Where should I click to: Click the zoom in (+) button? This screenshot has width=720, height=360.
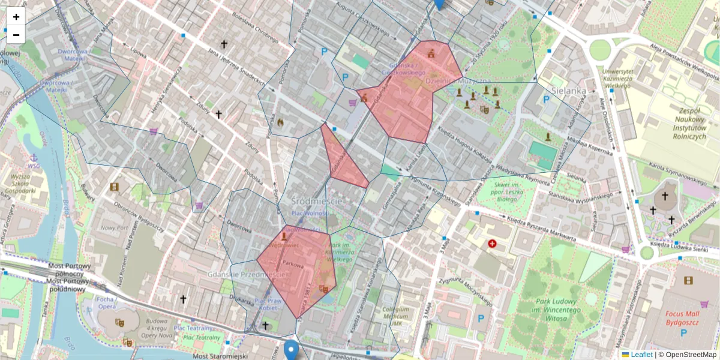point(16,17)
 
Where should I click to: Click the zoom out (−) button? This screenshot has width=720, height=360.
point(16,35)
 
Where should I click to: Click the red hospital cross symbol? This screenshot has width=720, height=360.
point(493,244)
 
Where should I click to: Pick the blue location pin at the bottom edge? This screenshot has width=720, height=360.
point(291,349)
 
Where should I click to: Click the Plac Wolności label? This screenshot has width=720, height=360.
point(310,213)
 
